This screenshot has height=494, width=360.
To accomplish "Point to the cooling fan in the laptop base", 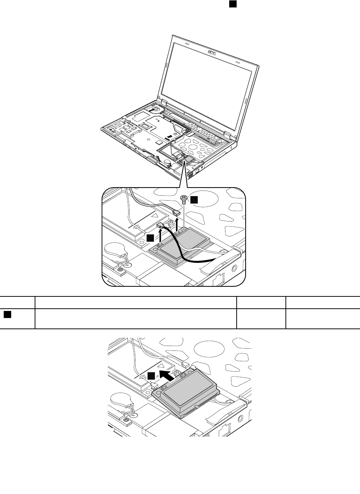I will point(155,109).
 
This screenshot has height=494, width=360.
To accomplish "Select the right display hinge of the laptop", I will point(227,133).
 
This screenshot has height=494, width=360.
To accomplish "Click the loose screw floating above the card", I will point(184,199).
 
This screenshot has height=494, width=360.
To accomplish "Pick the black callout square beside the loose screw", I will point(194,200).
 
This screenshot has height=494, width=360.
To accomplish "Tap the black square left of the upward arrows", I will point(150,237).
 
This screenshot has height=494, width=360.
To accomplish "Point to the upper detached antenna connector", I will point(176,212).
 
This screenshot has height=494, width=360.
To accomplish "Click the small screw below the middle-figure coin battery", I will point(120,269).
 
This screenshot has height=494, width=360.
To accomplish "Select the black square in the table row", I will point(7,315).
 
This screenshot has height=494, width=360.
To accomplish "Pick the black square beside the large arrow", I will point(151,376).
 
